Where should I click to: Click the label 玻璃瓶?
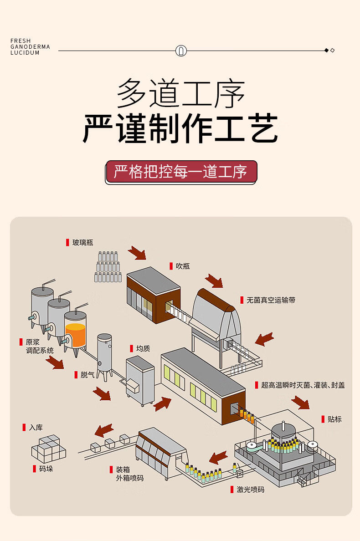[82, 242]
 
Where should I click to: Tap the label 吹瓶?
[183, 266]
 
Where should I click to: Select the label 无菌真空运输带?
[271, 300]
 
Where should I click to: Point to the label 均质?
[143, 348]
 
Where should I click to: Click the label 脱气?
[87, 375]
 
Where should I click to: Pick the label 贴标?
[334, 419]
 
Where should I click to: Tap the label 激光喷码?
[250, 490]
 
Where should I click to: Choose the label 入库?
[36, 428]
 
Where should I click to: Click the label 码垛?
[46, 469]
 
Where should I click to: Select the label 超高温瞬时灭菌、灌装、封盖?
[303, 385]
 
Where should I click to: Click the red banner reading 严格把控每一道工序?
[181, 172]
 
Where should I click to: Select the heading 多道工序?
[180, 93]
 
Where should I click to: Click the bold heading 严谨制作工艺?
[180, 129]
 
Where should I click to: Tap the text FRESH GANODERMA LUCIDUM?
[30, 47]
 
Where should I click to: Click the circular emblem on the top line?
[181, 51]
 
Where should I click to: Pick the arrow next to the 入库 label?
[104, 430]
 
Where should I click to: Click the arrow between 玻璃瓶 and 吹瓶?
[137, 253]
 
